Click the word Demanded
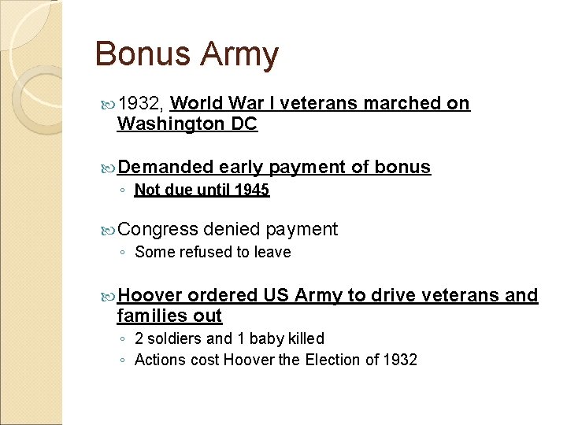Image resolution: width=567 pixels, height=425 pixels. (166, 167)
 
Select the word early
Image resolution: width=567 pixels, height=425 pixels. (242, 168)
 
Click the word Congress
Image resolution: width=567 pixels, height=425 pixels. (158, 230)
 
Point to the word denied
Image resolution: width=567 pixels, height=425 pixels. (232, 229)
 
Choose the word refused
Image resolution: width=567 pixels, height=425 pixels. (203, 252)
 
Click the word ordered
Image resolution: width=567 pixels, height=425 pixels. (222, 295)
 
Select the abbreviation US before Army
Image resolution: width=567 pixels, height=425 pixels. (276, 295)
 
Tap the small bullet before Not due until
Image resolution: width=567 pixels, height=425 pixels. (123, 190)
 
